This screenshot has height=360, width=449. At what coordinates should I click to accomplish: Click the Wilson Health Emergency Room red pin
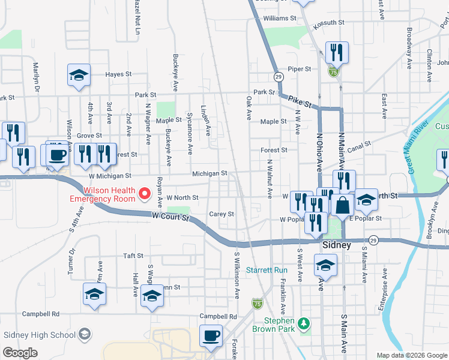point(144,193)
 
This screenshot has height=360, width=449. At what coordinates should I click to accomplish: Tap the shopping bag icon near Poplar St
point(342,205)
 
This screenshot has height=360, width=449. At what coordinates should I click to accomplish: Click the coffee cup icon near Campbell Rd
point(211,336)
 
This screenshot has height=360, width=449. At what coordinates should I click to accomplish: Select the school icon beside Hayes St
point(79,75)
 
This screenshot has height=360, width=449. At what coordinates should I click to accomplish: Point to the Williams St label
point(280,19)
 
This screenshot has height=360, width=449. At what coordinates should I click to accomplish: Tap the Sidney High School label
point(40,334)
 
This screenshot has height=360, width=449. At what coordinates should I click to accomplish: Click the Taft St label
point(133,255)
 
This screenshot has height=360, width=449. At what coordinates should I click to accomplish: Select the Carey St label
point(221,214)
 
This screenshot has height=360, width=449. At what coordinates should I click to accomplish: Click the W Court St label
point(170,216)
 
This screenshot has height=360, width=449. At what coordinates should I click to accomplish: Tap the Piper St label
point(299,69)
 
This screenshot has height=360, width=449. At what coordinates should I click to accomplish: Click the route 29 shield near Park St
point(279,77)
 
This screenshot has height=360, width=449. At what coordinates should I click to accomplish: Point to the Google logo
point(20,352)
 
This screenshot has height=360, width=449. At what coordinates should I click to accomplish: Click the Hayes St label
point(118,74)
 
